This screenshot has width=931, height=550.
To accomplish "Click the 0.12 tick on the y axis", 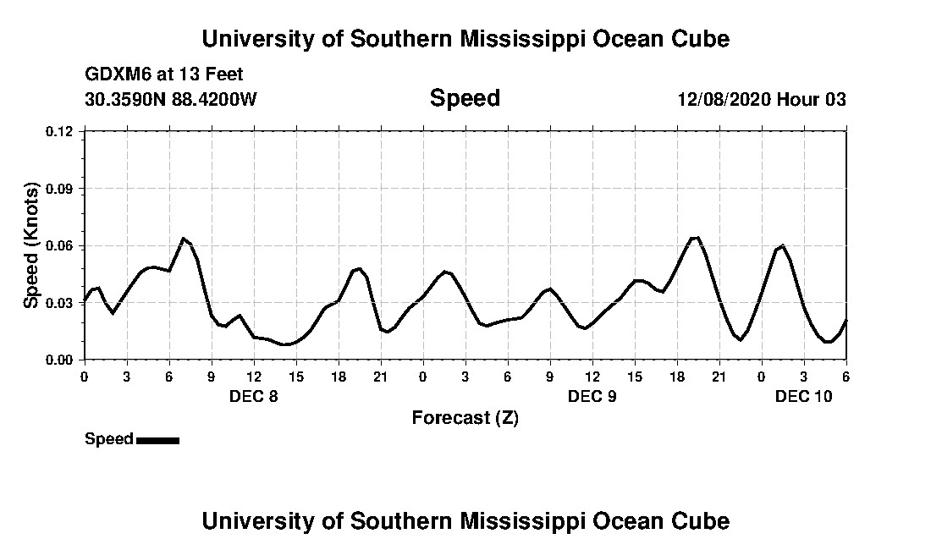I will [61, 131].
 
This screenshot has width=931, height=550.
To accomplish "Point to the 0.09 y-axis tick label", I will [61, 189].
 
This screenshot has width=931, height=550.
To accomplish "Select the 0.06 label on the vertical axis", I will [61, 245].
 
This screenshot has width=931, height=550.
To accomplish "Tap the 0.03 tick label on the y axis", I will [61, 303].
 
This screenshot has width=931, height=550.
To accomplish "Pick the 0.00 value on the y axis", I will [61, 360].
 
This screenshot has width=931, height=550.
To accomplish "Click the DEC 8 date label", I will [253, 396].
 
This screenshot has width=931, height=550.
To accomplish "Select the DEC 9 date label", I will [592, 396].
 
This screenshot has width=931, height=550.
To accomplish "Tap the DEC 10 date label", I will [803, 396].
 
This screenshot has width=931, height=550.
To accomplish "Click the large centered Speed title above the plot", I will [465, 98].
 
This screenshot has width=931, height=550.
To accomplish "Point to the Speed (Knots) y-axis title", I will [31, 245].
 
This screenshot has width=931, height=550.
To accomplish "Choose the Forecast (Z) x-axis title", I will [465, 418].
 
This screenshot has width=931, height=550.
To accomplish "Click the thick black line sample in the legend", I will [157, 440].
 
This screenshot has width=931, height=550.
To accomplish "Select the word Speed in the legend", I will [109, 439].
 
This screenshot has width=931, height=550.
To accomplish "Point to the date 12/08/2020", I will [724, 99].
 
